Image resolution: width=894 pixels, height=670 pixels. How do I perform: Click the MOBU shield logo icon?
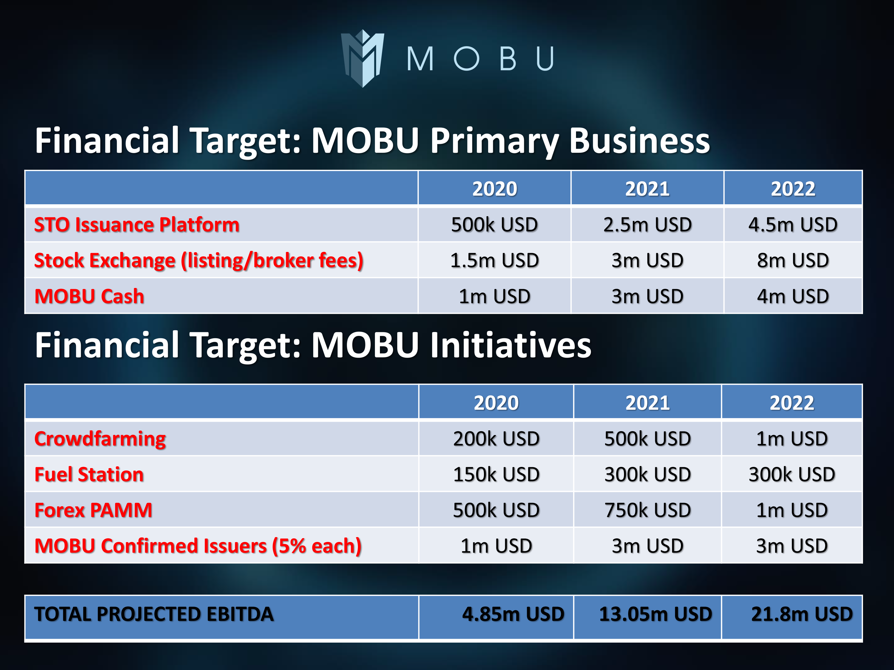[x=363, y=58]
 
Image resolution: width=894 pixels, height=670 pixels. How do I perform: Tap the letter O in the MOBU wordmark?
[x=466, y=59]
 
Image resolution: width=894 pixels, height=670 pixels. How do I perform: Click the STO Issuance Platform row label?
[x=136, y=225]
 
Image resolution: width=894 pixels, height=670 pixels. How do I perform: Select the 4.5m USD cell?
[x=793, y=225]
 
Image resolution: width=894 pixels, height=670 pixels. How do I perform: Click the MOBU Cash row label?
[x=89, y=296]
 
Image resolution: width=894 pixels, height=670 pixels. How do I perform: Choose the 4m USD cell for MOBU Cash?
[x=793, y=296]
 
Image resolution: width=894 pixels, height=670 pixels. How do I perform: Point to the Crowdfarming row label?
[x=100, y=439]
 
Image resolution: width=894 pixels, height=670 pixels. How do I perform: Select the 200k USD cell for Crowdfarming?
[x=496, y=439]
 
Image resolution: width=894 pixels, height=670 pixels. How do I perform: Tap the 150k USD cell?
[x=496, y=474]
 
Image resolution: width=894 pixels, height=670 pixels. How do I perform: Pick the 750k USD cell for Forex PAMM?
[x=648, y=510]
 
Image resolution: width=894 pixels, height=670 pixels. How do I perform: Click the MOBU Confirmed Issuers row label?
[x=198, y=546]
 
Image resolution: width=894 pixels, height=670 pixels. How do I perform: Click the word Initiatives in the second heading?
[x=510, y=345]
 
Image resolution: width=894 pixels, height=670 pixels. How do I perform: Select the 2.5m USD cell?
[x=648, y=225]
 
